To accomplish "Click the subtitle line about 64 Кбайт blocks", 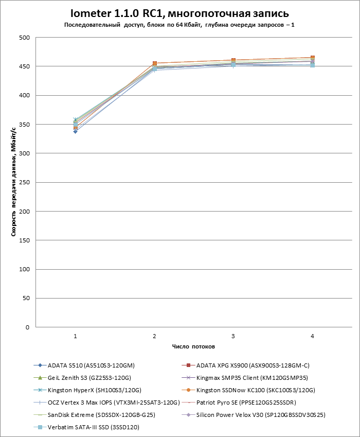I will (179, 25).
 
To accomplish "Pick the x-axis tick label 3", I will (233, 336).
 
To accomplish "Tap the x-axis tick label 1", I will (75, 336).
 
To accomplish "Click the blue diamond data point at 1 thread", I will (75, 132).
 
